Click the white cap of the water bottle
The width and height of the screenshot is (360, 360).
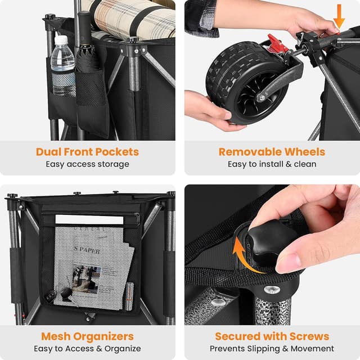[61, 40]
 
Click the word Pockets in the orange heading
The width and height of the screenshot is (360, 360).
[117, 152]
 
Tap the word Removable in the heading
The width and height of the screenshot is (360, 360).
[250, 152]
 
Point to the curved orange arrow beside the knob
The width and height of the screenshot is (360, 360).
[244, 257]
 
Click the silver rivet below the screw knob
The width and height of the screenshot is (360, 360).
[272, 289]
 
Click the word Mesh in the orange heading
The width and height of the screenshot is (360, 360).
[56, 336]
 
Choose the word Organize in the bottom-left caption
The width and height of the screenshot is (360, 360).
[123, 349]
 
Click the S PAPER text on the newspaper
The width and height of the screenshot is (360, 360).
[87, 250]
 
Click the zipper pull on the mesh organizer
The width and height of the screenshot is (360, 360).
[137, 218]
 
